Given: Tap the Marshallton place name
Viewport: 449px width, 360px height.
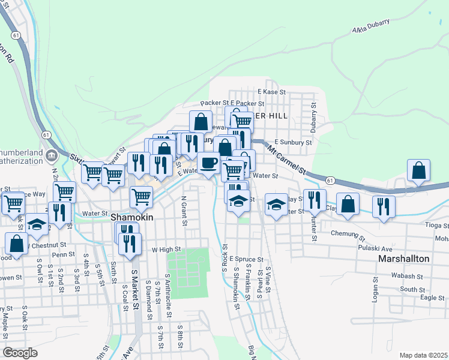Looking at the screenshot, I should pyautogui.click(x=403, y=259).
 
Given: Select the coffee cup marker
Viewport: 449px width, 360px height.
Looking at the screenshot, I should pyautogui.click(x=208, y=163).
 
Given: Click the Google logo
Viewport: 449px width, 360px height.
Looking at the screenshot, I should pyautogui.click(x=20, y=353).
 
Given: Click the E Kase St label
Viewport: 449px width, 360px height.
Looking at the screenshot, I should pyautogui.click(x=271, y=92).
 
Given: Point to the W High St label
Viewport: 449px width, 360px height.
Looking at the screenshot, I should pyautogui.click(x=166, y=249).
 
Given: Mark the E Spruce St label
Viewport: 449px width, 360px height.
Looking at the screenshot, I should pyautogui.click(x=246, y=259).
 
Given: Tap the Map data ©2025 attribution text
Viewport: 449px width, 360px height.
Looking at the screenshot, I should pyautogui.click(x=423, y=355).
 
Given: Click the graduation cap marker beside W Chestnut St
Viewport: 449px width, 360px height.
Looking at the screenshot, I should pyautogui.click(x=37, y=224).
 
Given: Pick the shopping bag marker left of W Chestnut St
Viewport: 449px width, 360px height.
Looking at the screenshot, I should pyautogui.click(x=16, y=243).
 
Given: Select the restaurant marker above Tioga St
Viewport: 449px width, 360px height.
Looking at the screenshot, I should pyautogui.click(x=382, y=206).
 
